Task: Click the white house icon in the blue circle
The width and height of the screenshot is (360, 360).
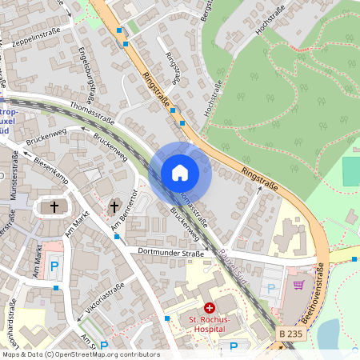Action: tap(180, 173)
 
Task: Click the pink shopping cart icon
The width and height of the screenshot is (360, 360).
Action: tap(298, 285)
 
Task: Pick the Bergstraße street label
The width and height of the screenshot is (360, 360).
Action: tap(207, 10)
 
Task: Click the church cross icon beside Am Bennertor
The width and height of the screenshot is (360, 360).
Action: tap(114, 207)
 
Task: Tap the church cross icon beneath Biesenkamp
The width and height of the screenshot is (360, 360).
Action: tap(54, 207)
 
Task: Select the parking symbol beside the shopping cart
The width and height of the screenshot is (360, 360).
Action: tap(270, 287)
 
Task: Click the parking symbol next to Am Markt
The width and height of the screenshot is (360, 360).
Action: tap(54, 266)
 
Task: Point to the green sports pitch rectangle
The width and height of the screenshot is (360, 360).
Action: tap(351, 171)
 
